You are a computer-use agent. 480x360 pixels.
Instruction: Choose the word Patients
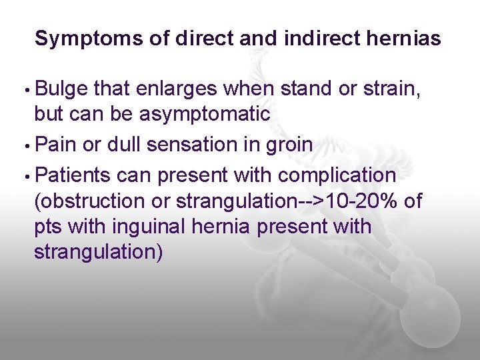[x=73, y=175]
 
